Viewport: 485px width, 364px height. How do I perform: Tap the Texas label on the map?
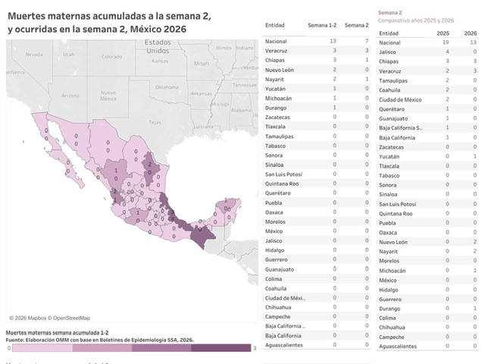click(x=155, y=121)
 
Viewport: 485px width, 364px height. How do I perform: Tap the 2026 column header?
click(x=471, y=33)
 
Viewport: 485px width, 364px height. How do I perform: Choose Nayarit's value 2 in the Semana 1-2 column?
click(x=333, y=78)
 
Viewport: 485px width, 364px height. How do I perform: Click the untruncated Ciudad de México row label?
click(x=404, y=99)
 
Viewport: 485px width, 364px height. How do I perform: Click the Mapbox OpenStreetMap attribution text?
click(x=49, y=318)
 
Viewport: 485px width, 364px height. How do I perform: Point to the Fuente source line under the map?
click(x=99, y=339)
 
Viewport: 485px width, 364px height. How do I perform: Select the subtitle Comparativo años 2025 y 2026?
click(x=415, y=20)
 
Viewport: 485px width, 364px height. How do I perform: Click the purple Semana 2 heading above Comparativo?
click(x=390, y=13)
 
